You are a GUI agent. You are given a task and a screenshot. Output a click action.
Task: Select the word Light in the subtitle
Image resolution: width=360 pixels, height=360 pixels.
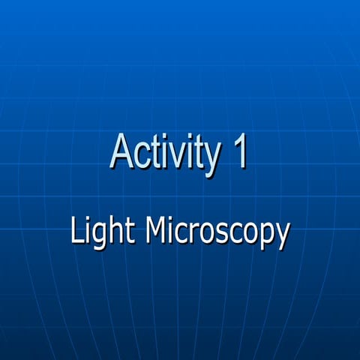(101, 232)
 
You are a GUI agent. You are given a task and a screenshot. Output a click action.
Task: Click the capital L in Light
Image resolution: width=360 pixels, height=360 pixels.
(77, 230)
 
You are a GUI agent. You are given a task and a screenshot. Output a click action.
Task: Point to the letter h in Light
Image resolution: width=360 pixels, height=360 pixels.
(113, 230)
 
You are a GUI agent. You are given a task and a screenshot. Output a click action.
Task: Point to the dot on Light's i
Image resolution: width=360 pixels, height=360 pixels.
(87, 220)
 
